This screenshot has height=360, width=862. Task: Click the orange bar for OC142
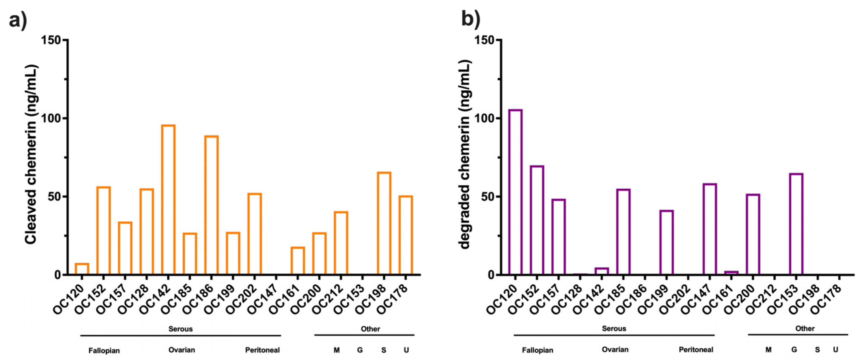point(168,200)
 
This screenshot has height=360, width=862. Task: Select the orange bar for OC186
point(211,205)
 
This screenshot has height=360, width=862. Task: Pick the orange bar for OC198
point(384,223)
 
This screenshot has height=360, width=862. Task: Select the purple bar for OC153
point(796,224)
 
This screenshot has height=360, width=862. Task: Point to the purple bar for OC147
point(710,229)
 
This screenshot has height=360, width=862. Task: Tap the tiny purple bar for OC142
point(602,271)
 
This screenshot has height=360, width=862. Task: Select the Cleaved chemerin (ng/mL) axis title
point(31,154)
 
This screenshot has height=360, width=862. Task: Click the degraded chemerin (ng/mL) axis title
point(465,154)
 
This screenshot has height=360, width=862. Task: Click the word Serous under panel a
point(180,329)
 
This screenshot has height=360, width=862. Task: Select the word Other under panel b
point(805,328)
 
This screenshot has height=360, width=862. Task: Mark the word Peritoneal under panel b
point(696,350)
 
